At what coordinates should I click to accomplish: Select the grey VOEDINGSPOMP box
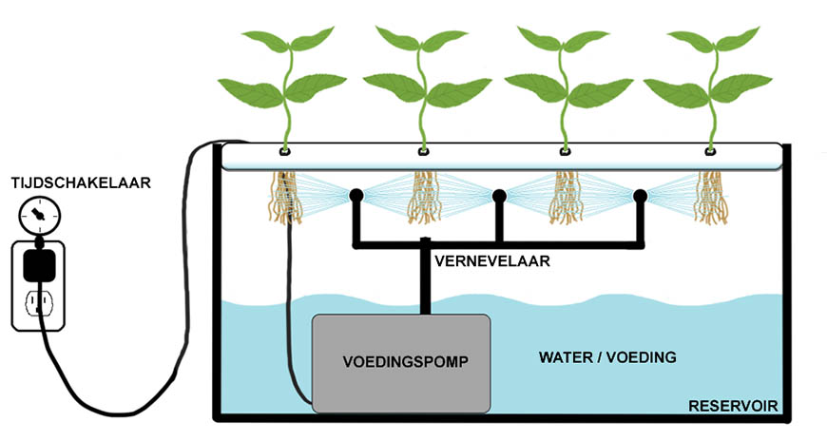pyautogui.click(x=401, y=362)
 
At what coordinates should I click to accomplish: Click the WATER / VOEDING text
pyautogui.click(x=607, y=358)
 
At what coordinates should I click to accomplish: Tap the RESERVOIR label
pyautogui.click(x=733, y=408)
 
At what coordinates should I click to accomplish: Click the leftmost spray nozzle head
pyautogui.click(x=356, y=197)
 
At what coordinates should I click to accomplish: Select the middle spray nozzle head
pyautogui.click(x=498, y=197)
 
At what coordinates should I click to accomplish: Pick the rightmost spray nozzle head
pyautogui.click(x=640, y=197)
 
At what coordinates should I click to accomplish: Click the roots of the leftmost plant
pyautogui.click(x=283, y=199)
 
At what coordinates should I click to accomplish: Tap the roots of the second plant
pyautogui.click(x=425, y=199)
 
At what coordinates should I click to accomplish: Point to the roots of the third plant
pyautogui.click(x=567, y=199)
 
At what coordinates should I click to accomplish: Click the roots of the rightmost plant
pyautogui.click(x=710, y=199)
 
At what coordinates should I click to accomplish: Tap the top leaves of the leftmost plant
pyautogui.click(x=283, y=43)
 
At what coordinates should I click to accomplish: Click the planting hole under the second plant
pyautogui.click(x=425, y=152)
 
